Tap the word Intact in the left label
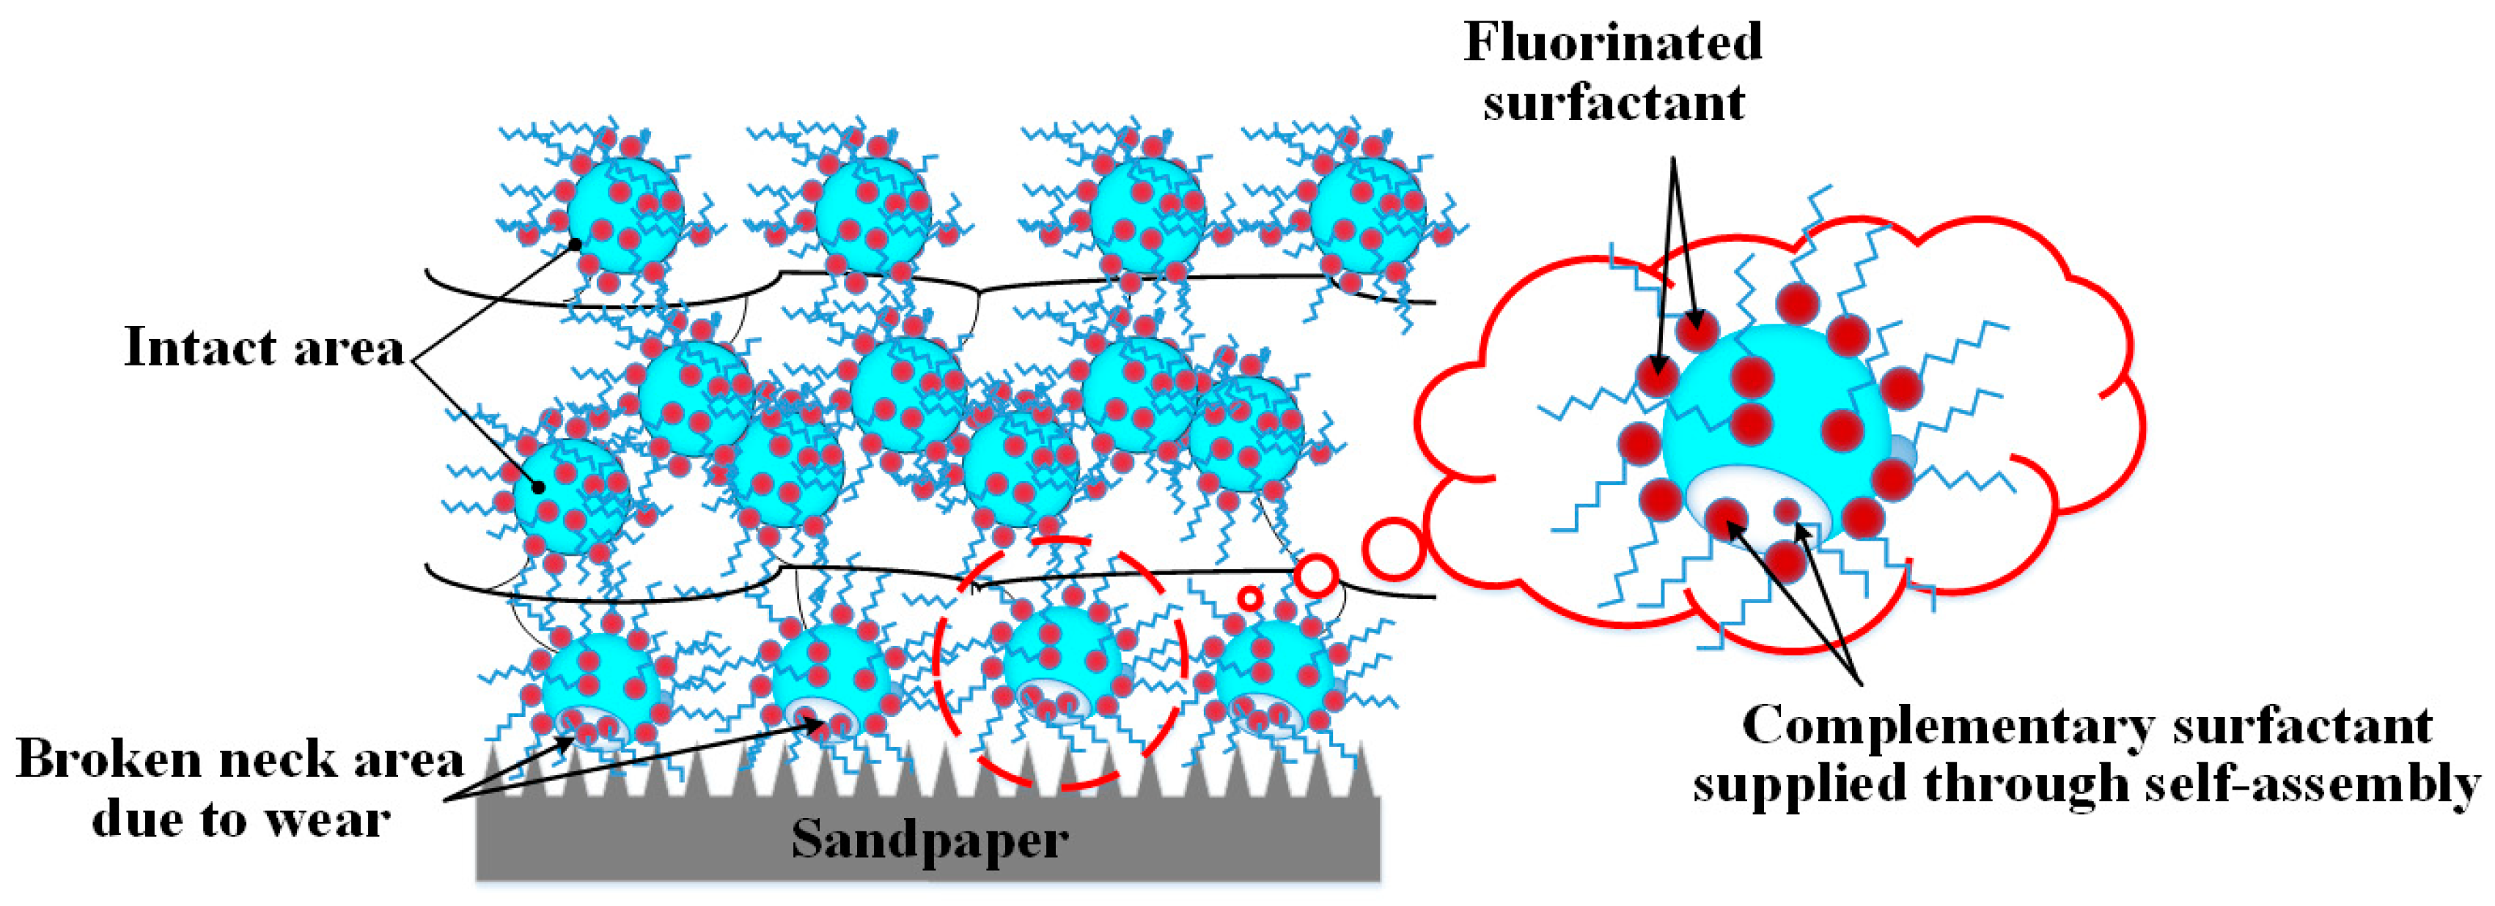[x=199, y=347]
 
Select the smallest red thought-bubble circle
[x=1250, y=599]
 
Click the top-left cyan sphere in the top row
[x=625, y=215]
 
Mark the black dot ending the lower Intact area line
[x=538, y=487]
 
